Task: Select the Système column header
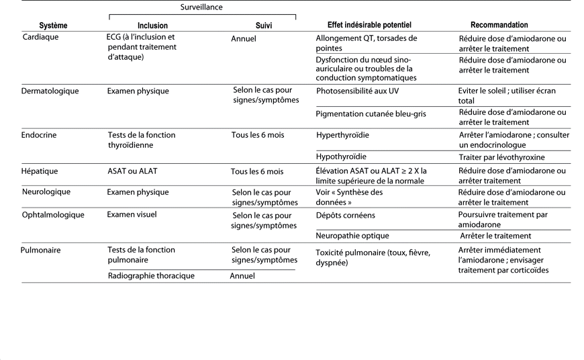click(54, 26)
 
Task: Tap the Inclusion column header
click(152, 26)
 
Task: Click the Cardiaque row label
click(41, 38)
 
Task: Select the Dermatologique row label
click(50, 91)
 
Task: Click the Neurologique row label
click(47, 193)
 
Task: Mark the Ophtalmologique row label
click(54, 215)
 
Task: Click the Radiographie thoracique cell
click(151, 276)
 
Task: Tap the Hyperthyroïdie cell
click(342, 135)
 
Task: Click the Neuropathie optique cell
click(352, 236)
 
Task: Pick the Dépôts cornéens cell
click(346, 216)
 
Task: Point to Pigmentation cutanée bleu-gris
click(371, 114)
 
